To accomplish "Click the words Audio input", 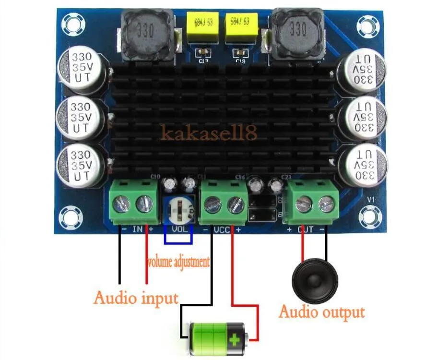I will [136, 298].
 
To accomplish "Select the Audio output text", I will [321, 312].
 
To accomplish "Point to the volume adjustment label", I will [178, 262].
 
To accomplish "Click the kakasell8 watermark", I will [209, 133].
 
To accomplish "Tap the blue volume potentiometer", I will [178, 210].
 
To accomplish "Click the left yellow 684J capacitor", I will [202, 27].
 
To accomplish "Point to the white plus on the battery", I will [234, 340].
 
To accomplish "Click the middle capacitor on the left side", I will [80, 117].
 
